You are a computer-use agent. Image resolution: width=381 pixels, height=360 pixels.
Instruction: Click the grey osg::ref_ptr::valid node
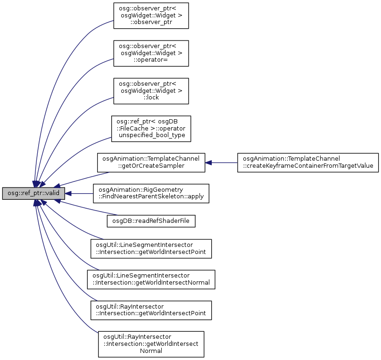[33, 193]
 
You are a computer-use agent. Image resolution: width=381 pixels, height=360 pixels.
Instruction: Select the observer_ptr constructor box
[151, 16]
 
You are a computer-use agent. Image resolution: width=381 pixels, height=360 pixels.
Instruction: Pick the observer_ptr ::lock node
[151, 91]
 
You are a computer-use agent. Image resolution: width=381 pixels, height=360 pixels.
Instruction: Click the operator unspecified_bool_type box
[151, 129]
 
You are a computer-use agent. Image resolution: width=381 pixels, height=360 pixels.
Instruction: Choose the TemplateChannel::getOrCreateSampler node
[151, 163]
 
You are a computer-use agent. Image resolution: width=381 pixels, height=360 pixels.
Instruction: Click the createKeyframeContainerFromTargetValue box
[308, 163]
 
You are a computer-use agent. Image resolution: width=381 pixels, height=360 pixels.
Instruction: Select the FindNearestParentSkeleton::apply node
[151, 193]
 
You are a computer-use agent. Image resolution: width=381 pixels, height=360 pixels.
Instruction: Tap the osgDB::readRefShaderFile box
[151, 220]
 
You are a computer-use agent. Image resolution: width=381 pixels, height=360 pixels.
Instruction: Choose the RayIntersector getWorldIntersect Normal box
[151, 344]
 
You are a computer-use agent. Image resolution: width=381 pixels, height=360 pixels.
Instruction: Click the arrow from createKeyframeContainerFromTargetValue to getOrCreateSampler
[221, 163]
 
